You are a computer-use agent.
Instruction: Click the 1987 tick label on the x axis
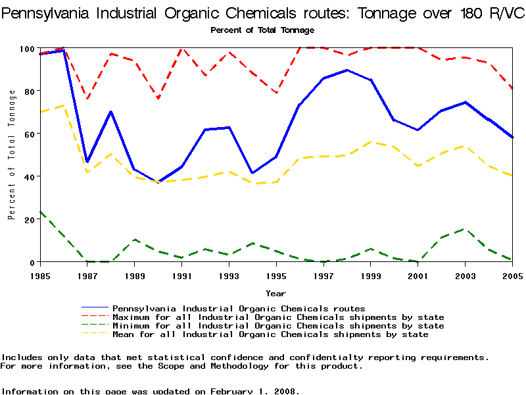(87, 275)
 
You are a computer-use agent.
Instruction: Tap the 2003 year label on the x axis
(465, 275)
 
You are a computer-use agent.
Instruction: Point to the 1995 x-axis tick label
(276, 275)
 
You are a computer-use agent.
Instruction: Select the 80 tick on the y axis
(29, 91)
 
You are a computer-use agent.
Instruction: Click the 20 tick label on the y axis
(29, 219)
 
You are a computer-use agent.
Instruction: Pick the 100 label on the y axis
(26, 48)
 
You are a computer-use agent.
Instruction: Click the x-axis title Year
(275, 293)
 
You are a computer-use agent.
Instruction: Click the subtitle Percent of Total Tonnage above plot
(262, 30)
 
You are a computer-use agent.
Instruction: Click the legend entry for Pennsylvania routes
(239, 308)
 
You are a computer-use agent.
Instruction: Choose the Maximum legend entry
(278, 317)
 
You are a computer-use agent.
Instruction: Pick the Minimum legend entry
(278, 326)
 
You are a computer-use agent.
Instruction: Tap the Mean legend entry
(270, 334)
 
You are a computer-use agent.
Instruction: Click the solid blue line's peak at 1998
(347, 70)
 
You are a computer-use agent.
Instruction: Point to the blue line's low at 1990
(158, 182)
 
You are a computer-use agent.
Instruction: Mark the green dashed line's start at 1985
(40, 212)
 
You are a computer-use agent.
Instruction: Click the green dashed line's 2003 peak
(465, 229)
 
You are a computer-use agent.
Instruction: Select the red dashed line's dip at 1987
(87, 99)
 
